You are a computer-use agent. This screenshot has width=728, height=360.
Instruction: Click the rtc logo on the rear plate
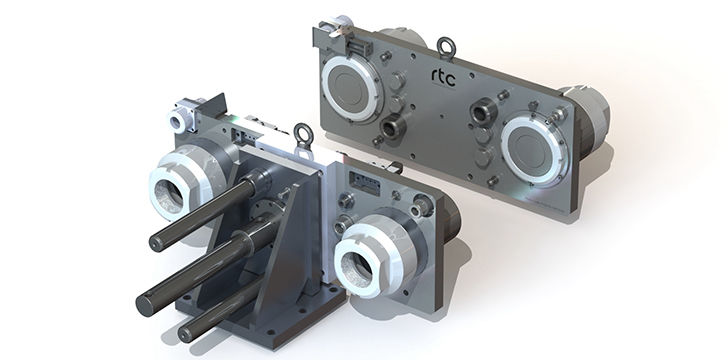coord(443,78)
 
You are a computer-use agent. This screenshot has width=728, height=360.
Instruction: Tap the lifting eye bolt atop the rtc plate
coord(446,48)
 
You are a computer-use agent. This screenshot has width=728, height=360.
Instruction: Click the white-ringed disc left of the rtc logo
coord(353,89)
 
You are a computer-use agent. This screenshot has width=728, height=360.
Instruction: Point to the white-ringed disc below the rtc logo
coord(534,149)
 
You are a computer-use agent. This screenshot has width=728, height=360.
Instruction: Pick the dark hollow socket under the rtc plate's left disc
coord(392,127)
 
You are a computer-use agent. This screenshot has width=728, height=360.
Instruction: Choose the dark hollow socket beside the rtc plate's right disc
coord(483,112)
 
